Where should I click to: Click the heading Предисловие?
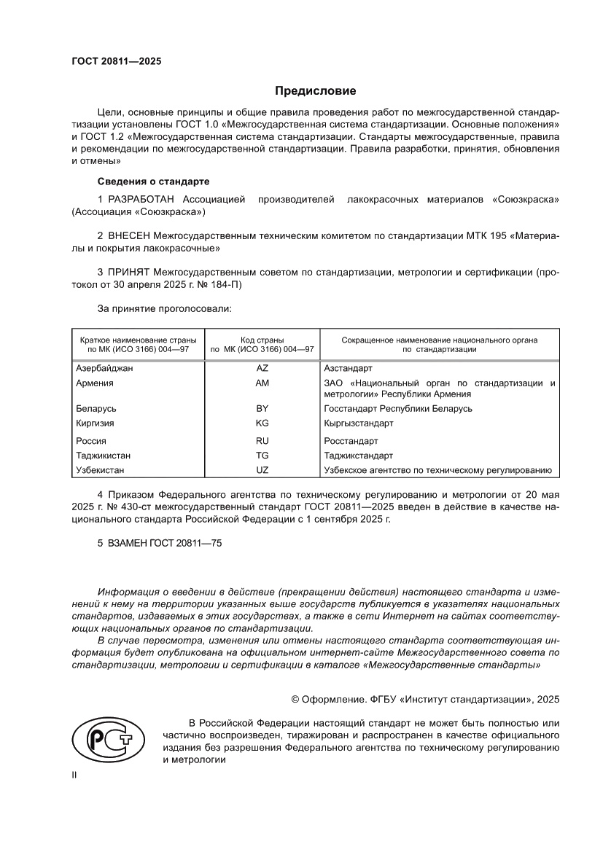315,91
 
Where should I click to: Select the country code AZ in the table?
262,368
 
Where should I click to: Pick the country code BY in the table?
262,409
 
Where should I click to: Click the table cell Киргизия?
96,423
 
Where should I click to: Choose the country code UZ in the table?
262,470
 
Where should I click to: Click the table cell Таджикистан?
104,456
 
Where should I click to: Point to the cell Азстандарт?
348,368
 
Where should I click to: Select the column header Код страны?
262,340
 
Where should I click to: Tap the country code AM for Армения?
262,383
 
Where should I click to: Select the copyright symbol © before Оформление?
295,699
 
